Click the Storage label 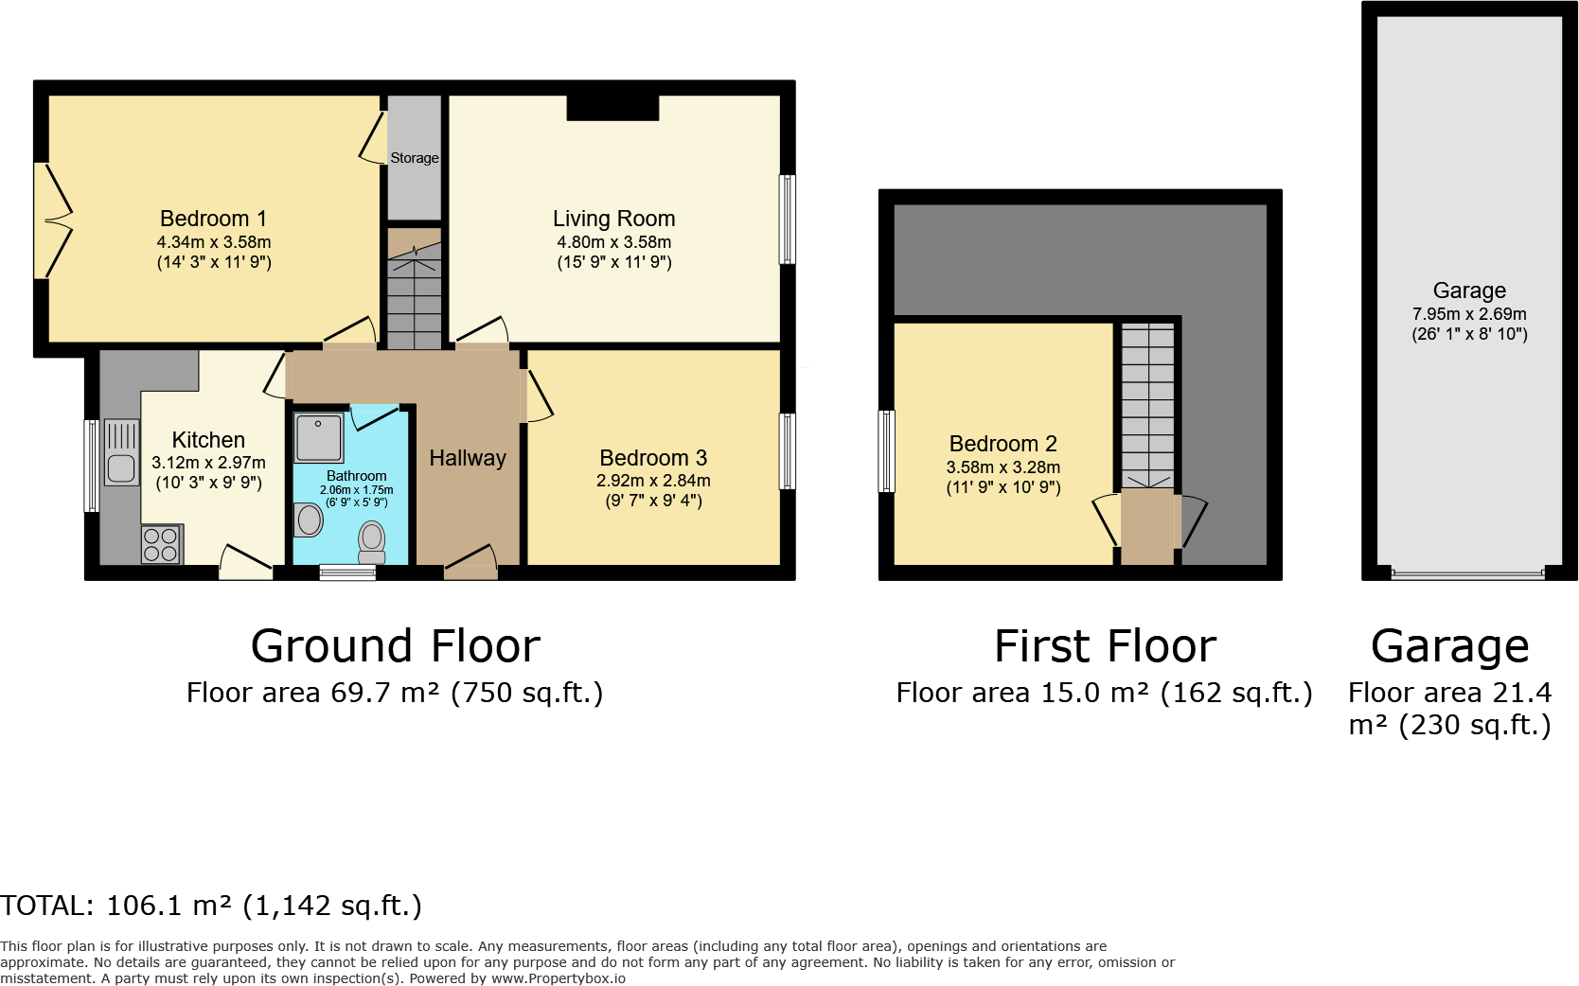(415, 158)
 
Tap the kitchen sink (121, 451)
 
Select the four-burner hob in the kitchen (162, 544)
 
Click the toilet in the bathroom (371, 542)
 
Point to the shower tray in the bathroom (319, 438)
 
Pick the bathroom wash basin (308, 520)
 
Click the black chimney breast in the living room (612, 108)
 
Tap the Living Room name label (614, 219)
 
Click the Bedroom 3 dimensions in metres (653, 481)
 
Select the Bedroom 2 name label (1003, 443)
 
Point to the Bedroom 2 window (886, 451)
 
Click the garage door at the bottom (1468, 573)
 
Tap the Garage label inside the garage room (1470, 291)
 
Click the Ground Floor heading (396, 645)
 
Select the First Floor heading (1106, 645)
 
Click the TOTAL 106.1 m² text (211, 906)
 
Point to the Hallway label (468, 458)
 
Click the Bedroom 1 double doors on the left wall (53, 220)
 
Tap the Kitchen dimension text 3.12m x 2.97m (208, 463)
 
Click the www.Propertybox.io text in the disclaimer (559, 978)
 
